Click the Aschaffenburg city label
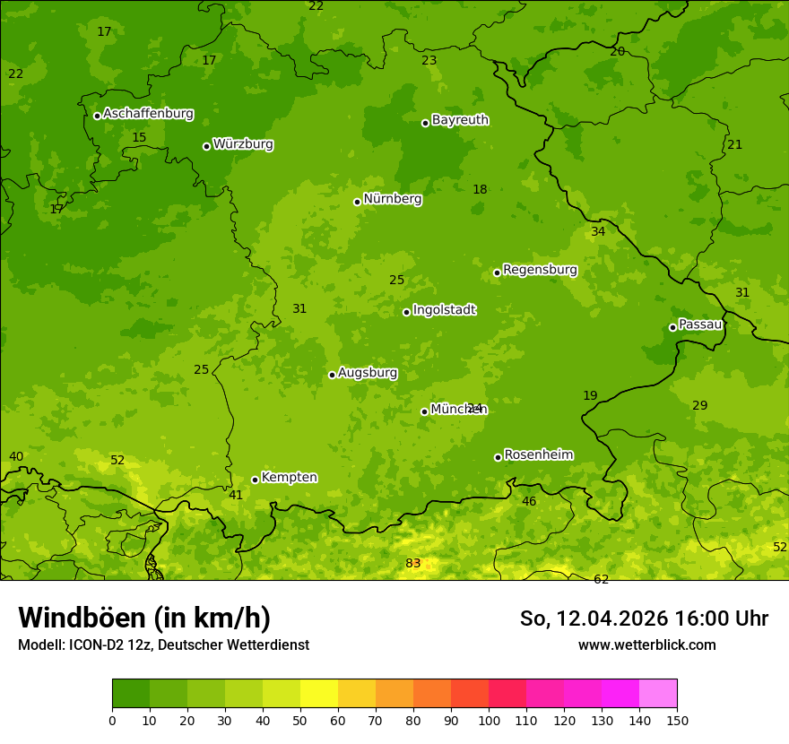[148, 114]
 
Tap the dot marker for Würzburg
[206, 146]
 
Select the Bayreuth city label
[460, 120]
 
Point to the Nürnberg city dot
[357, 202]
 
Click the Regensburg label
[540, 270]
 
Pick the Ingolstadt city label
[444, 310]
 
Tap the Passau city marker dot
[672, 327]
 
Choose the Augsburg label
[368, 373]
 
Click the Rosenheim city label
[538, 455]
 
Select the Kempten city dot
[255, 480]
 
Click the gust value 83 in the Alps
[413, 563]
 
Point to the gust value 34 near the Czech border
[598, 231]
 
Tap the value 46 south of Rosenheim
[529, 501]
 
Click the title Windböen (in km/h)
[144, 618]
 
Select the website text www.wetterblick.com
[646, 645]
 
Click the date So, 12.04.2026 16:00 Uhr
[644, 619]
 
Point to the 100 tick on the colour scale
[489, 719]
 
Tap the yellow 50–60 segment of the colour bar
[319, 694]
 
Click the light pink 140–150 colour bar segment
[658, 694]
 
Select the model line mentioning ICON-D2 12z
[163, 645]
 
